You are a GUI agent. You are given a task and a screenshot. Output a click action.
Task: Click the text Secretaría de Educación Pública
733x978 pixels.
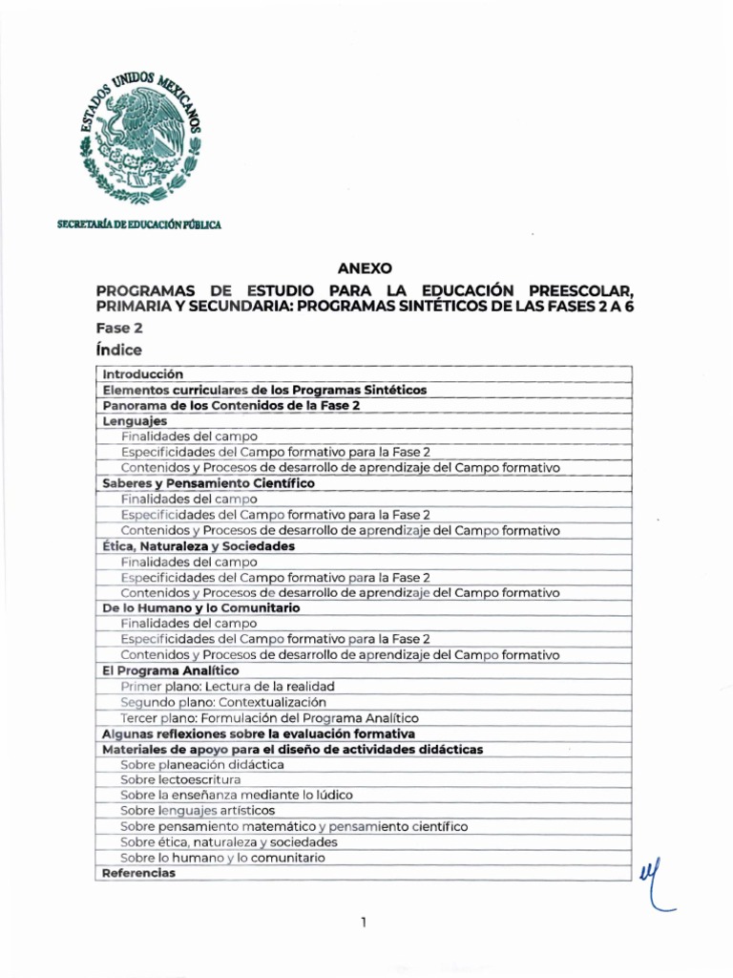pos(139,224)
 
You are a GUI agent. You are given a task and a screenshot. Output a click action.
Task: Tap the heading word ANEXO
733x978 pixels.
pos(366,269)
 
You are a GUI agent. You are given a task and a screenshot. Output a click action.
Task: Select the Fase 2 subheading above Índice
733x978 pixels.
pos(120,328)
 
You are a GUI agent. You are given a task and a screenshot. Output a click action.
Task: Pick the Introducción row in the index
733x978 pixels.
pos(142,374)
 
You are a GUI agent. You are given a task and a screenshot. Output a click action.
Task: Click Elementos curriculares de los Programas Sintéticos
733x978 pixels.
pos(264,390)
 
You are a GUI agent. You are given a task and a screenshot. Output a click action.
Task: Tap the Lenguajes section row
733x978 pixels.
pos(135,421)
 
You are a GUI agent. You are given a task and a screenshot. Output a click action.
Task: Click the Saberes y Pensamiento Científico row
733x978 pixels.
pos(208,483)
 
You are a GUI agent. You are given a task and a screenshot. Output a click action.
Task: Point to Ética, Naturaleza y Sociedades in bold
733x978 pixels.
pos(199,545)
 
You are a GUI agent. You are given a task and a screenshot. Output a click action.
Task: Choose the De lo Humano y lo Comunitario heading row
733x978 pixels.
pos(201,607)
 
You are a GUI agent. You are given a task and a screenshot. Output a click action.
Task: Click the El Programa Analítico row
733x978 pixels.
pos(171,670)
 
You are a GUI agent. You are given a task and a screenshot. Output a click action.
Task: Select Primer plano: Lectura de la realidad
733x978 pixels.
pos(227,687)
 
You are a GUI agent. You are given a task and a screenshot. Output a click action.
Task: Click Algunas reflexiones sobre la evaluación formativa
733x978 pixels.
pos(258,733)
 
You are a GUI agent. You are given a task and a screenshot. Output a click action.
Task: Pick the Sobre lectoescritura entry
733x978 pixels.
pos(180,779)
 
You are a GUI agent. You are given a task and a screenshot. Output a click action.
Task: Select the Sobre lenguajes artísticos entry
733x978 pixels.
pos(198,811)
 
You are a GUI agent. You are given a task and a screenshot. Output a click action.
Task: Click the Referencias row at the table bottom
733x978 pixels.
pos(138,873)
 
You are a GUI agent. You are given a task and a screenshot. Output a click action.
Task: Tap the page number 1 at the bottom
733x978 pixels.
pos(365,923)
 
